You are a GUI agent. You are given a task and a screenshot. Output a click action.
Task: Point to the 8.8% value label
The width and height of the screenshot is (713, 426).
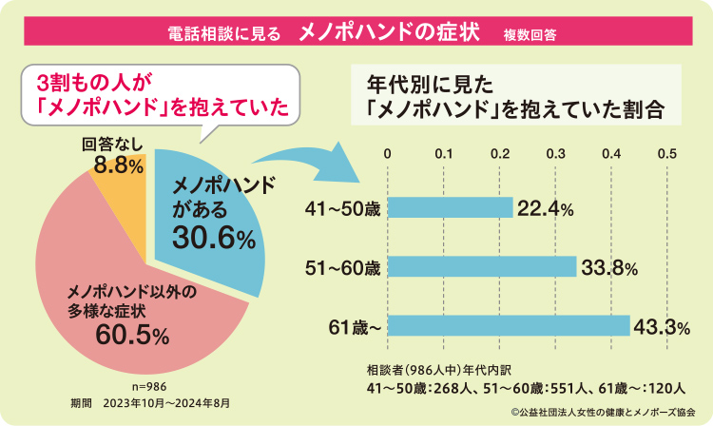[x=119, y=165]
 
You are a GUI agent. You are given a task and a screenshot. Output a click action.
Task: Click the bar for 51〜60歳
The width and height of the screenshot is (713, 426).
[x=481, y=266]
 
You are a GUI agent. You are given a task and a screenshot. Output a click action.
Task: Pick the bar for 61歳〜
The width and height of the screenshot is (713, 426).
[x=508, y=326]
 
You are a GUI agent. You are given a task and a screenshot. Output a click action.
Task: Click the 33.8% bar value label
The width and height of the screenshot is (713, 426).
[x=609, y=266]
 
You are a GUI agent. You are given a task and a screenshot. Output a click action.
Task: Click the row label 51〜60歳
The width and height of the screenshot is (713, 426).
[x=343, y=267]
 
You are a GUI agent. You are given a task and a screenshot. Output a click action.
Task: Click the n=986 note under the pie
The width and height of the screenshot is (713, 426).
[x=149, y=387]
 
